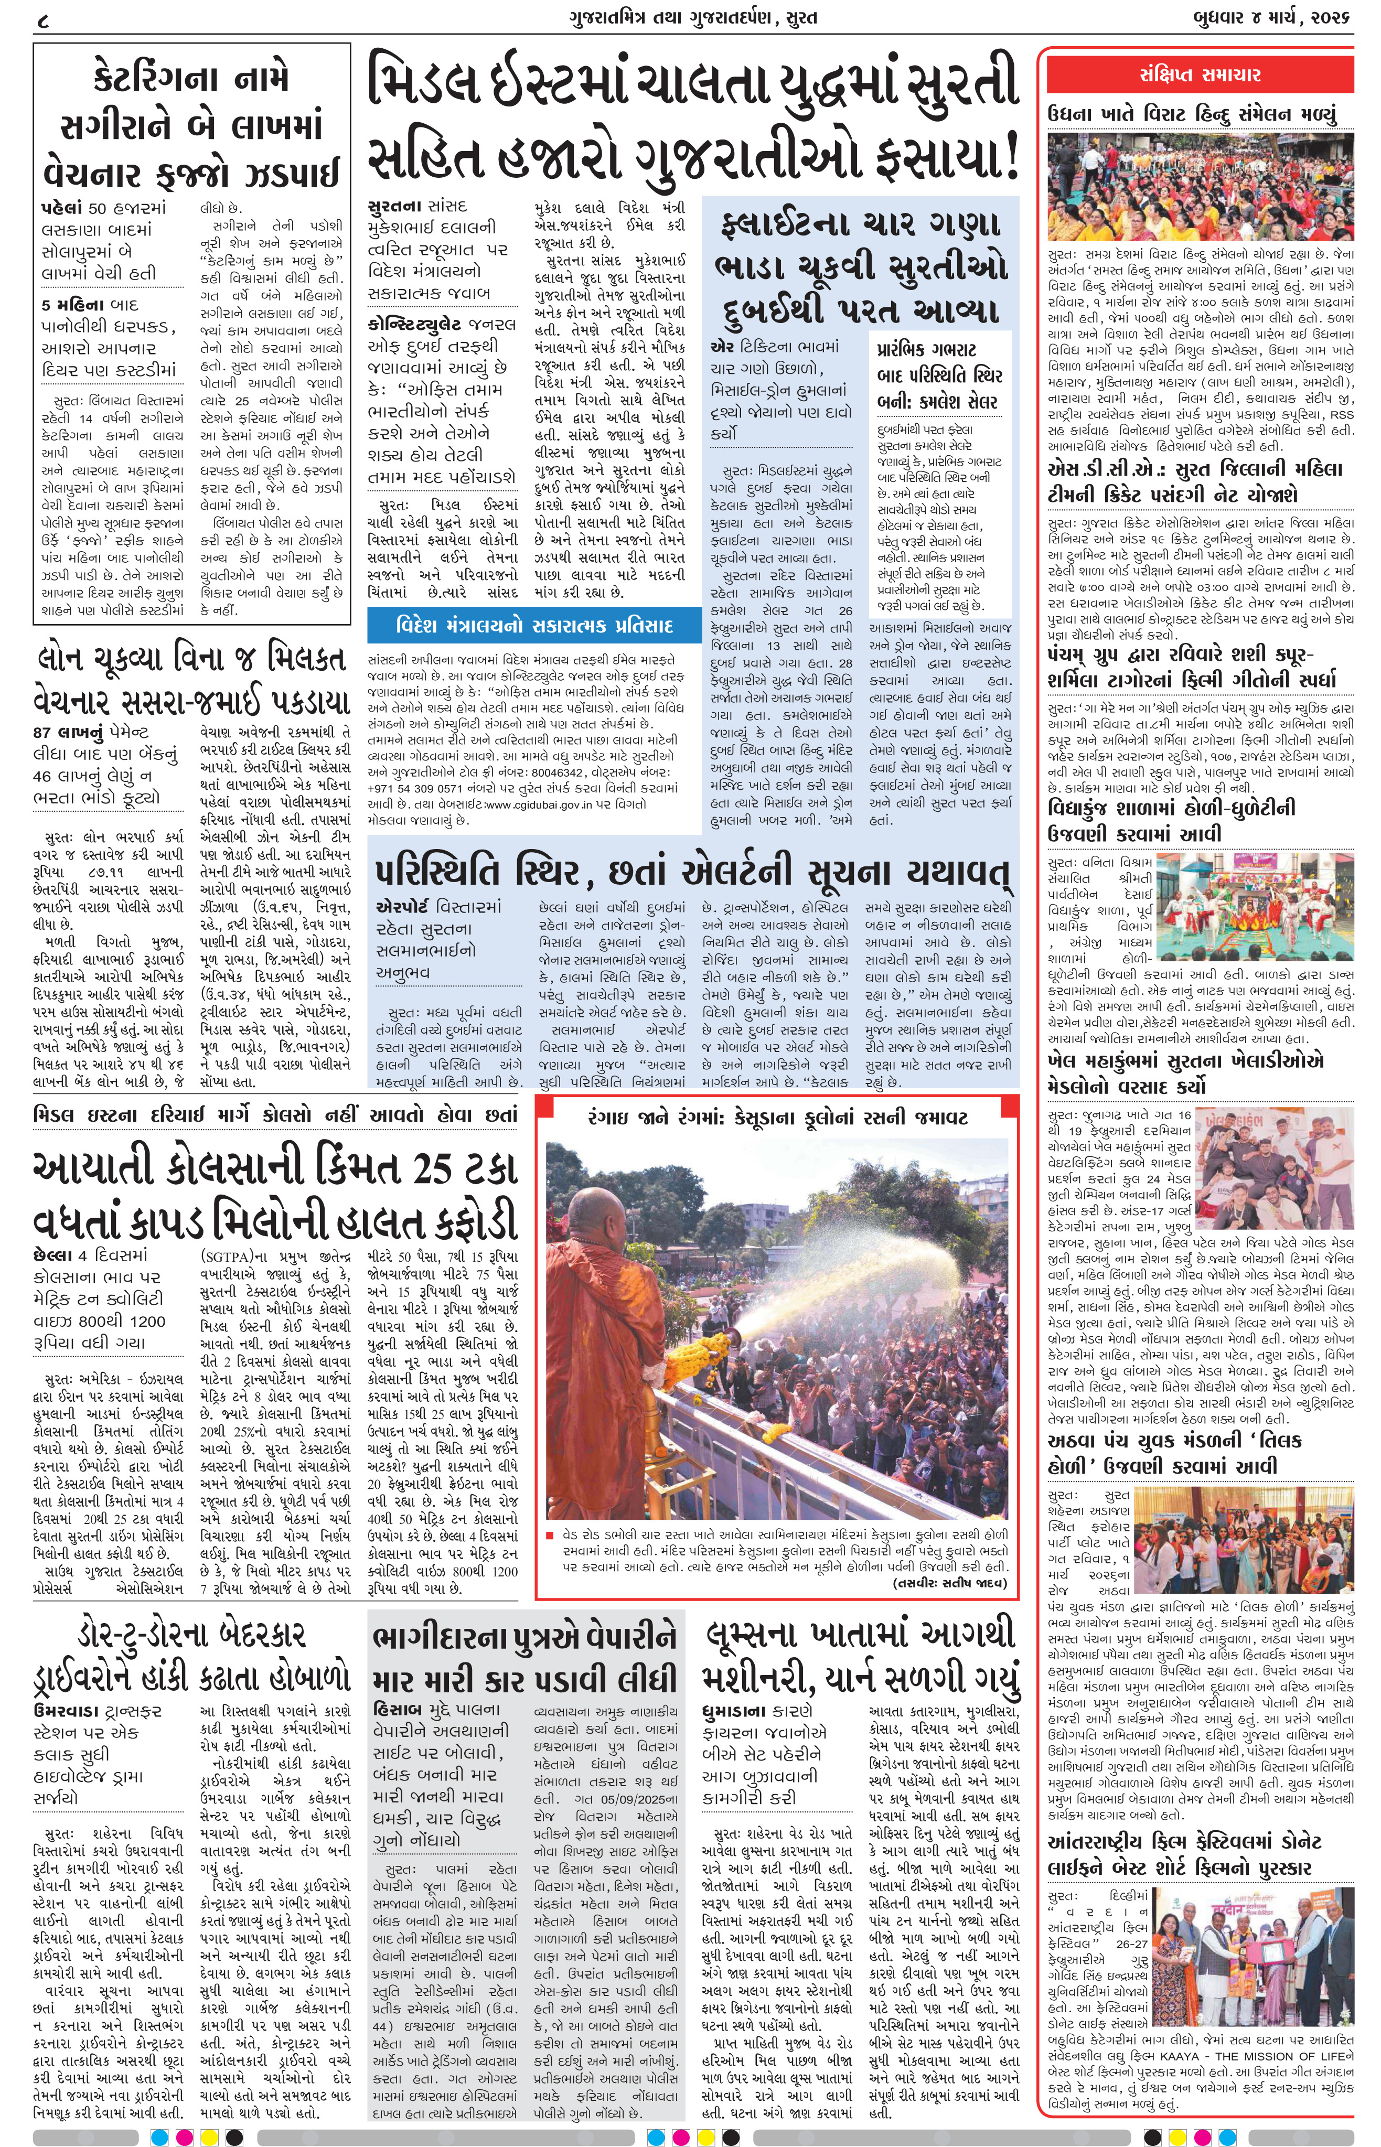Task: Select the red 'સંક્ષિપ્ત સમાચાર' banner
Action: click(1200, 76)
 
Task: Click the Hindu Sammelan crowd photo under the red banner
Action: click(1200, 186)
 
